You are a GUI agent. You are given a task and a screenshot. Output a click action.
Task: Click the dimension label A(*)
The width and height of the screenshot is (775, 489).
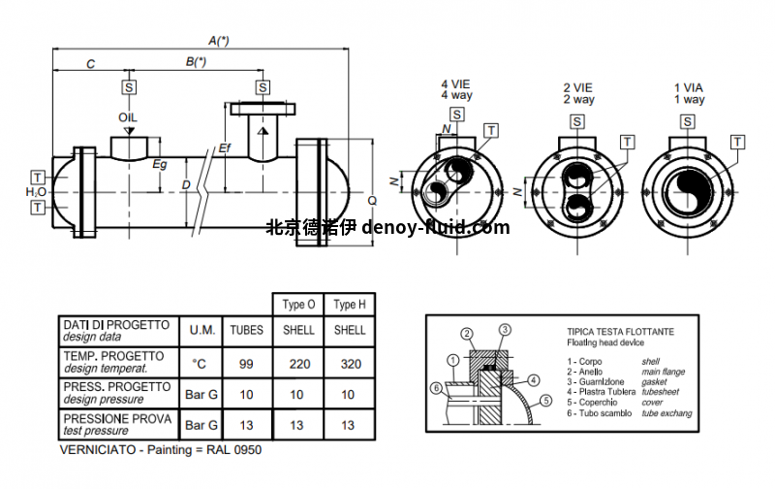pos(219,41)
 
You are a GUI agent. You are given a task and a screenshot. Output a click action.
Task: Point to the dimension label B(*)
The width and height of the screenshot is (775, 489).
pos(197,62)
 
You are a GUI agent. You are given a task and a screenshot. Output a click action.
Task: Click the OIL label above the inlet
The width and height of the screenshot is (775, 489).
pos(129,116)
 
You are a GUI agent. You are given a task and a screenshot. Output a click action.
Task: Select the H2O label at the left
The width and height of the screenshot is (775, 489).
pos(36,192)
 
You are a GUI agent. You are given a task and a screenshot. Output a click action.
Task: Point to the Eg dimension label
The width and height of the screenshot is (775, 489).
pos(160,164)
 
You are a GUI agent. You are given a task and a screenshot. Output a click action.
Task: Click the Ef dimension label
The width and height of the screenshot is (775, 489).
pos(225,147)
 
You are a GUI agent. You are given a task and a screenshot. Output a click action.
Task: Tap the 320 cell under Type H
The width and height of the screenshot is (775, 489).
pos(349,364)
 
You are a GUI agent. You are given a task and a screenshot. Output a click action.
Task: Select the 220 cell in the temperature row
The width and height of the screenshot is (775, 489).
pos(298,364)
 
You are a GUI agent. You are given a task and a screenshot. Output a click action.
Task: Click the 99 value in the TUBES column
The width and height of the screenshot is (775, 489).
pos(246,364)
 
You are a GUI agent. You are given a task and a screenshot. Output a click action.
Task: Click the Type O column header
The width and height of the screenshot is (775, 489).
pos(298,304)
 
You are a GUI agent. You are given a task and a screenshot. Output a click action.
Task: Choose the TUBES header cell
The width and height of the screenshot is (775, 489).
pos(246,330)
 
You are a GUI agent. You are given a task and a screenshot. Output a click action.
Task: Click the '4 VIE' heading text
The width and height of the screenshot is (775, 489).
pos(455,86)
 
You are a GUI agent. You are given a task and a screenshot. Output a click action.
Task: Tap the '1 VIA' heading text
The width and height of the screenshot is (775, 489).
pos(689,87)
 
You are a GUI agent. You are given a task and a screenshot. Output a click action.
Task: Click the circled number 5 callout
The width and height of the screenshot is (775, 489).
pos(545,401)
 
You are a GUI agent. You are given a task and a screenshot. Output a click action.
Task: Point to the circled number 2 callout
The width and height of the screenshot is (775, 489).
pos(466,334)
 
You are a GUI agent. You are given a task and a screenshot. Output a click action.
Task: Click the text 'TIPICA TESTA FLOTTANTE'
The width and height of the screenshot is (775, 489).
pos(621,332)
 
